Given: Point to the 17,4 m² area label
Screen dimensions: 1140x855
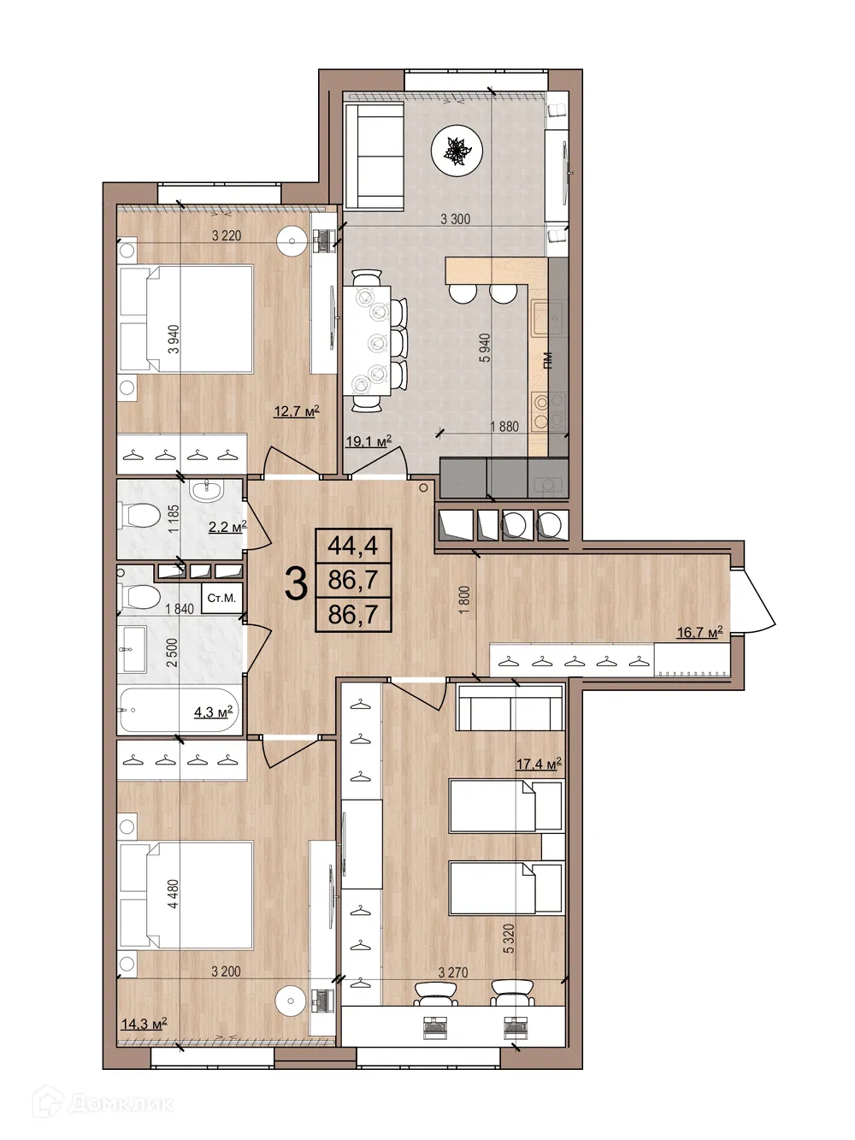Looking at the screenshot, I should pyautogui.click(x=538, y=765).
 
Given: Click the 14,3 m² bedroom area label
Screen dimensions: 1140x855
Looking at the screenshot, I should pyautogui.click(x=143, y=1023).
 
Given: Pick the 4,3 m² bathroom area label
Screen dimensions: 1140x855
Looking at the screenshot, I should pyautogui.click(x=213, y=711).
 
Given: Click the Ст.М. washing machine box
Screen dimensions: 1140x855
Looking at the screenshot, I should pyautogui.click(x=221, y=598).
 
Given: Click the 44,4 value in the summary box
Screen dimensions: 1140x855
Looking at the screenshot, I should pyautogui.click(x=353, y=544).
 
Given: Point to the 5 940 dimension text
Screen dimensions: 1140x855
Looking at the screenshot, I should pyautogui.click(x=485, y=349).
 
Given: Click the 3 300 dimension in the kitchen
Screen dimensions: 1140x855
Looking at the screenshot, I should pyautogui.click(x=455, y=219).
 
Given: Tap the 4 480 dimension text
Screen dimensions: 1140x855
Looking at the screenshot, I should pyautogui.click(x=174, y=895).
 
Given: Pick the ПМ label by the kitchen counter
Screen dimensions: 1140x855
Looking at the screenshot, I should pyautogui.click(x=548, y=362).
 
